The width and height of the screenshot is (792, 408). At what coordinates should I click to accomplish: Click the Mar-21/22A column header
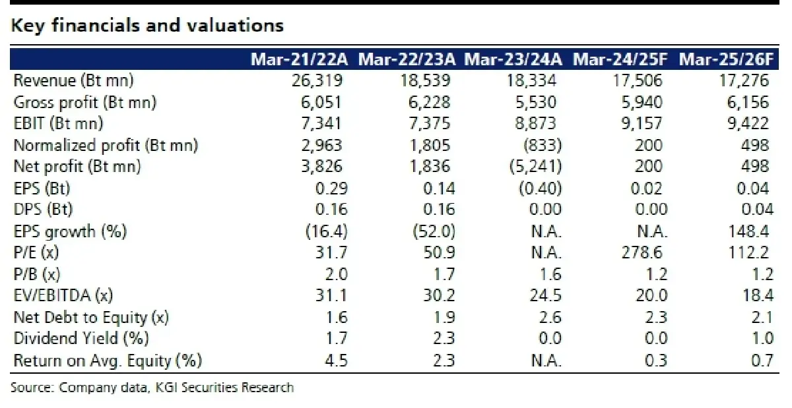click(x=299, y=59)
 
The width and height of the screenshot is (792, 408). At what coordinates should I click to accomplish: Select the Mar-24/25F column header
click(x=620, y=59)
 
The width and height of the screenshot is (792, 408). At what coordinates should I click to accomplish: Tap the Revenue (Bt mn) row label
click(x=73, y=80)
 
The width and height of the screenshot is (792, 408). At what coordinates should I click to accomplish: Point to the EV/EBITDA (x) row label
click(x=63, y=295)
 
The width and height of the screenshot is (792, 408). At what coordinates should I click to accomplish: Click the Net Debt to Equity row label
click(x=91, y=317)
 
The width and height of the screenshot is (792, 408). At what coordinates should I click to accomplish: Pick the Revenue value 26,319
click(x=317, y=80)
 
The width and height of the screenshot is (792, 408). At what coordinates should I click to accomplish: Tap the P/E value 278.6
click(x=642, y=252)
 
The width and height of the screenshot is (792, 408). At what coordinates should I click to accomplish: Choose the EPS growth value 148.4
click(x=748, y=231)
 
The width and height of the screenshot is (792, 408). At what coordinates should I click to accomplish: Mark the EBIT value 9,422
click(x=748, y=123)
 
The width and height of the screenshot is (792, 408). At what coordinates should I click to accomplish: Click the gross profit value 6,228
click(x=429, y=102)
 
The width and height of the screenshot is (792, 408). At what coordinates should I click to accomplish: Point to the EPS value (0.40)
click(x=541, y=189)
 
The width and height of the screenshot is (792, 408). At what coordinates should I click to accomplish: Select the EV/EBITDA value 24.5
click(x=545, y=295)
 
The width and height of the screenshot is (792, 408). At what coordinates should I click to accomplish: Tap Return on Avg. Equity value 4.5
click(x=336, y=361)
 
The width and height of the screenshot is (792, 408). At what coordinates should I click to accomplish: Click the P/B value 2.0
click(x=336, y=274)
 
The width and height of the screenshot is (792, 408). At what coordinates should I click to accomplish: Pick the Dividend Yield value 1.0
click(x=762, y=338)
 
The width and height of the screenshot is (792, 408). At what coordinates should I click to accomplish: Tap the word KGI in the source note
click(x=166, y=388)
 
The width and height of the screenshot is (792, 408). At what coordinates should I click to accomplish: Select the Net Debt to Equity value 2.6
click(x=550, y=317)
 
